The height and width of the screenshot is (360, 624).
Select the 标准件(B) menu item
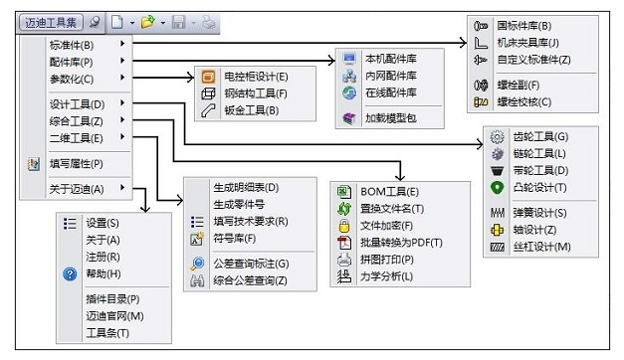(x=72, y=45)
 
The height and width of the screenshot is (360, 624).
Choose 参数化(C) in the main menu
(x=72, y=79)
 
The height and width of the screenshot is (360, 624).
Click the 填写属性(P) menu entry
(x=77, y=163)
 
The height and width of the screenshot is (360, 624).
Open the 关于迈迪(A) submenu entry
(x=77, y=188)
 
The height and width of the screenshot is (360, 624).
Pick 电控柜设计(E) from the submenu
(x=256, y=77)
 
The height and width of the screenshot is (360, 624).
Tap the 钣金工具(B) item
(x=252, y=110)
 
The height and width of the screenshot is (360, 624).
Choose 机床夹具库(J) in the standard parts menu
(x=527, y=43)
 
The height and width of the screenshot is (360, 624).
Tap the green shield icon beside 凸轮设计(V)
(x=497, y=187)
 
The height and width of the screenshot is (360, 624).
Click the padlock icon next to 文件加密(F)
(x=343, y=226)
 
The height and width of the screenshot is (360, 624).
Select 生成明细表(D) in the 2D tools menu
(x=246, y=187)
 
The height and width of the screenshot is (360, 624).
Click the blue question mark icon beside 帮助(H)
(x=70, y=274)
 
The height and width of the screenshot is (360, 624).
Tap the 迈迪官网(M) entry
(x=114, y=316)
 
